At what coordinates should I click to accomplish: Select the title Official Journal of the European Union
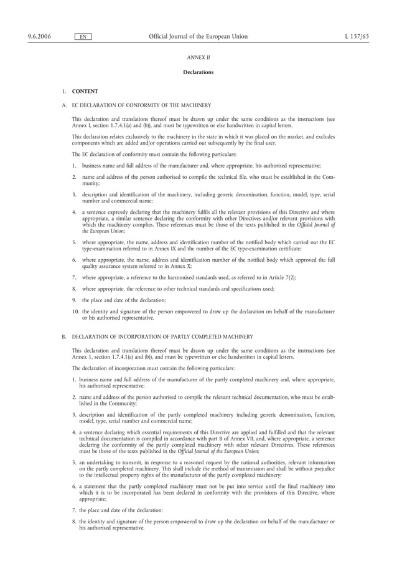[x=198, y=37]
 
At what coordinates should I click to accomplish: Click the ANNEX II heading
[x=198, y=57]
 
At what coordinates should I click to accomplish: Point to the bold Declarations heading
[x=198, y=72]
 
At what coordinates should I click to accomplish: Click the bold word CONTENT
[x=85, y=92]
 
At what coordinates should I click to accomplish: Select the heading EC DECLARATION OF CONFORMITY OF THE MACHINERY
[x=141, y=105]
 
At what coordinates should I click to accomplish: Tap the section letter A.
[x=63, y=105]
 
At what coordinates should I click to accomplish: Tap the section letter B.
[x=63, y=336]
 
